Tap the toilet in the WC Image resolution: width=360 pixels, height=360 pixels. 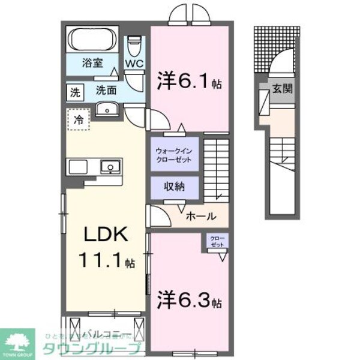(134, 45)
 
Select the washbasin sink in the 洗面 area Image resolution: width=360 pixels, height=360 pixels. (109, 109)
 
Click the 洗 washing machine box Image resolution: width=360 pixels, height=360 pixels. (75, 93)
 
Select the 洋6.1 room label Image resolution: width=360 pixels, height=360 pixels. (189, 82)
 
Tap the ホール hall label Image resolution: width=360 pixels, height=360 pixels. (197, 217)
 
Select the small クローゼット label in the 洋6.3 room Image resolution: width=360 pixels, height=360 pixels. (217, 242)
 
